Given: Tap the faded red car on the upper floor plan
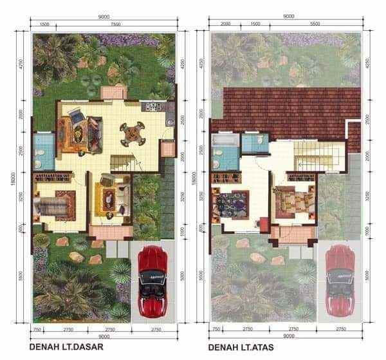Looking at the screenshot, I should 339,278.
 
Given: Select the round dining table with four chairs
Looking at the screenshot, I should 131,133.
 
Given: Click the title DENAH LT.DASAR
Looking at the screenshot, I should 66,348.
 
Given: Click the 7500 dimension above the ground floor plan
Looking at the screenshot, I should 115,24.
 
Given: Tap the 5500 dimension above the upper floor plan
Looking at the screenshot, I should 315,24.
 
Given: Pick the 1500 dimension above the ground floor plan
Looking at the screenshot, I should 44,24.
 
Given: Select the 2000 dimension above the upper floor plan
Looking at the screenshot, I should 225,24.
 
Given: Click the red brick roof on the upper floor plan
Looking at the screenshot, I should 286,106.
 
